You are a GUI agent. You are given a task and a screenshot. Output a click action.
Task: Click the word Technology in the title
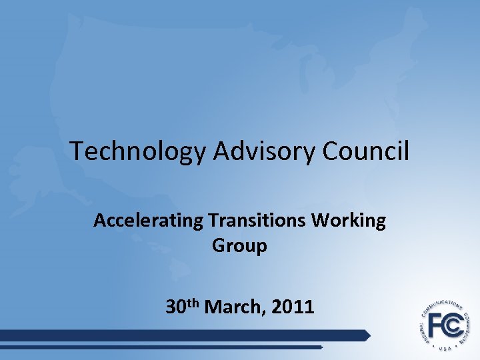tap(138, 151)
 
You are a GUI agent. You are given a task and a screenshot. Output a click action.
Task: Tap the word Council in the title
tap(365, 151)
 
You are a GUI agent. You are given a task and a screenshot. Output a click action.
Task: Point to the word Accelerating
tap(148, 221)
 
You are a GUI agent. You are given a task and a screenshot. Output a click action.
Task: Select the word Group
tap(240, 245)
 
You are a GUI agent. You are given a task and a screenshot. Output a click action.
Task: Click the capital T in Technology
tap(77, 151)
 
